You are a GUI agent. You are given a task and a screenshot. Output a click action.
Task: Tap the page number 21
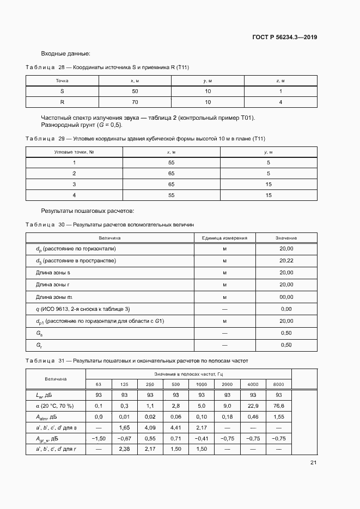coord(313,463)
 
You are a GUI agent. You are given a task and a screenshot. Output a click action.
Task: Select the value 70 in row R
coord(135,102)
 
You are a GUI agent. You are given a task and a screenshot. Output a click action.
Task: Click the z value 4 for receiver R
coord(280,102)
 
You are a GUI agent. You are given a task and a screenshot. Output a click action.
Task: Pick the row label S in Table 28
coord(62,91)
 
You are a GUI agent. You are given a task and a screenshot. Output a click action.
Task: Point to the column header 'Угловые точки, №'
coord(74,152)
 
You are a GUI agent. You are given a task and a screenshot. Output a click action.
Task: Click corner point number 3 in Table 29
coord(74,184)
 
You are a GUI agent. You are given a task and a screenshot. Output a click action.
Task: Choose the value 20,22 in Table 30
coord(286,261)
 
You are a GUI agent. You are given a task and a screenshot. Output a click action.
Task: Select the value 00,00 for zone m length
coord(286,297)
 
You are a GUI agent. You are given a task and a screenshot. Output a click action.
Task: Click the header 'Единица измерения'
coord(224,238)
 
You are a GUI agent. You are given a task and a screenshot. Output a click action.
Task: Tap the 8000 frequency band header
coord(278,384)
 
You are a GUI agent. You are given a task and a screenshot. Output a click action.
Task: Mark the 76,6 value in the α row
coord(278,406)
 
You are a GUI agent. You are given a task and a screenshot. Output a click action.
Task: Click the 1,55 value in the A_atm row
coord(278,416)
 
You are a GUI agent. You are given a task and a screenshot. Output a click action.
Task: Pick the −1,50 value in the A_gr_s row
coord(99,438)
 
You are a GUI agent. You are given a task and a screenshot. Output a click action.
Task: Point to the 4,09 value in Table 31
coord(150,427)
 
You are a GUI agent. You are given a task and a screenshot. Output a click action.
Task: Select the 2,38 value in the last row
coord(124,449)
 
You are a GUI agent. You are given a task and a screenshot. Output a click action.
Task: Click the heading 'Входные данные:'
coord(66,53)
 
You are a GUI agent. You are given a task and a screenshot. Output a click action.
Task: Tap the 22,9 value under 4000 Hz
coord(253,406)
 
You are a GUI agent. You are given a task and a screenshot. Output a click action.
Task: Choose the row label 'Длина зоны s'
coord(53,273)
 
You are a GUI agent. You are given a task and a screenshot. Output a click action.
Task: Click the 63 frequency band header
coord(99,384)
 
